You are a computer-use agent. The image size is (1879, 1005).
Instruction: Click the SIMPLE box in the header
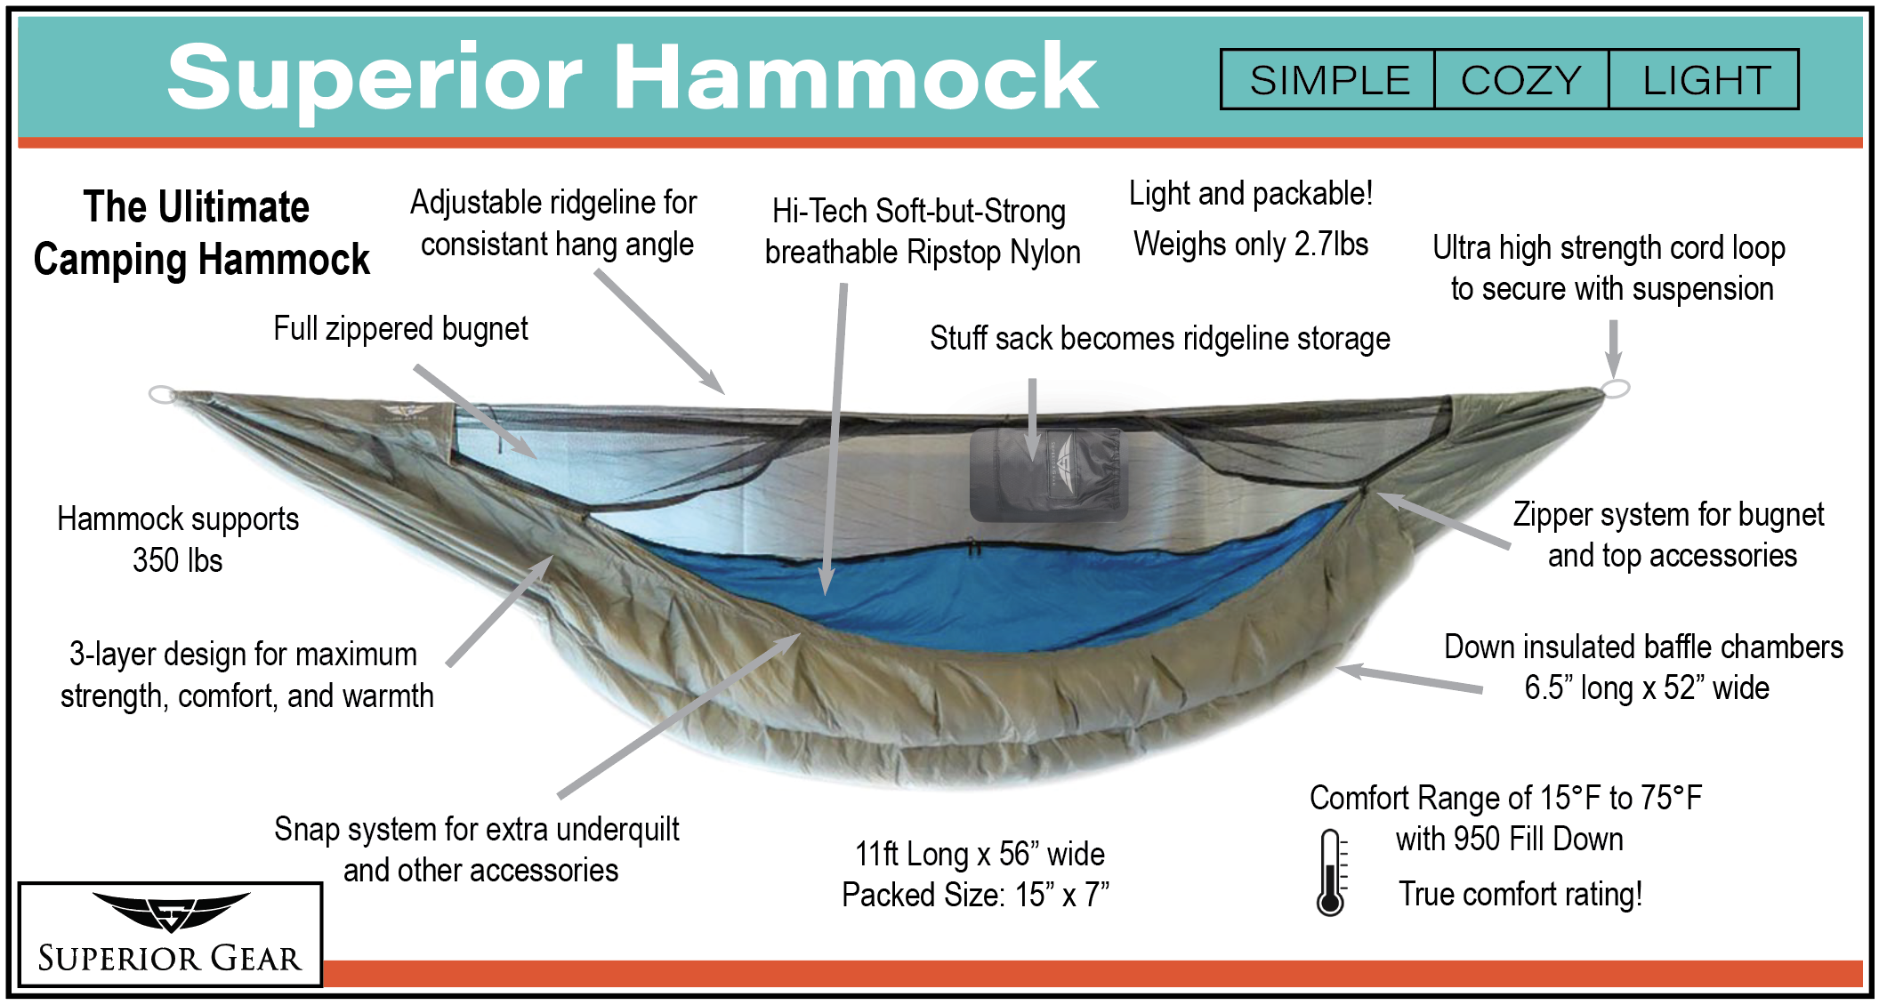pos(1328,80)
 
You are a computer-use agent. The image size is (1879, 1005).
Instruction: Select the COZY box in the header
pos(1521,80)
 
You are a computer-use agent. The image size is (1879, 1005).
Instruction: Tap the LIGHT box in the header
pos(1704,80)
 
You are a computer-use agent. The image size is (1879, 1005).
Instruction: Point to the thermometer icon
pos(1330,872)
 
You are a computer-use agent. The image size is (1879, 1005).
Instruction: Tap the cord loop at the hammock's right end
pos(1616,388)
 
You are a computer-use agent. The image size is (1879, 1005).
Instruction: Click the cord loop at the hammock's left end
pos(162,394)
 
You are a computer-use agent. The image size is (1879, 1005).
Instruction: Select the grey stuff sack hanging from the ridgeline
pos(1049,475)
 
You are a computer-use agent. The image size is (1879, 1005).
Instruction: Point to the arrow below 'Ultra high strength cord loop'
pos(1613,349)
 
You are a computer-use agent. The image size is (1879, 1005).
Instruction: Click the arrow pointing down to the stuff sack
pos(1033,419)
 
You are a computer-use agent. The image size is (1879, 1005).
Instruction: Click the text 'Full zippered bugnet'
pos(400,329)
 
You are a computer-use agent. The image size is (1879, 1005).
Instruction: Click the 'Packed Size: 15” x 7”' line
pos(976,895)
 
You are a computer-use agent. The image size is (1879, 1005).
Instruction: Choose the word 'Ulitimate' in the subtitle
pos(233,207)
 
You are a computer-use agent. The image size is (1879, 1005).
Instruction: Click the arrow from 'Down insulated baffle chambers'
pos(1410,679)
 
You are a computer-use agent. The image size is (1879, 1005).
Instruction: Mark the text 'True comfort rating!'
pos(1520,894)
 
